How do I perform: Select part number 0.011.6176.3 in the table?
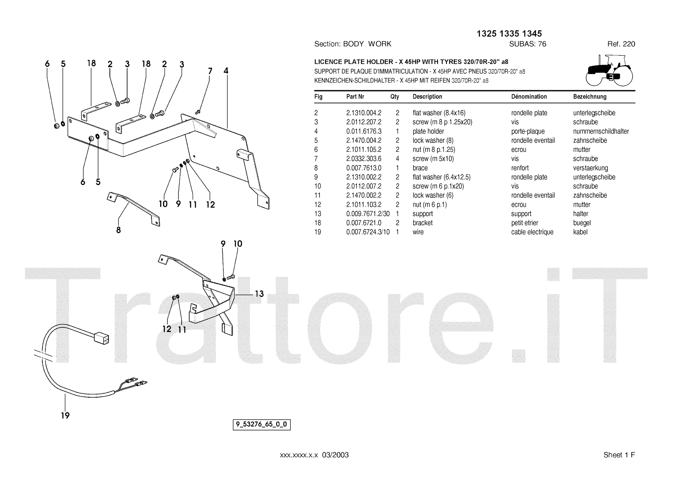point(363,131)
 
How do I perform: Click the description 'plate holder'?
point(428,131)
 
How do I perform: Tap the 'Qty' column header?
point(395,97)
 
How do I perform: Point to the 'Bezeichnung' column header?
point(589,97)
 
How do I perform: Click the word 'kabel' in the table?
point(580,232)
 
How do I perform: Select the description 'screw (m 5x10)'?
point(433,159)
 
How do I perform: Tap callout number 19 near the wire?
point(65,415)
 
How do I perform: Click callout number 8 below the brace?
point(118,230)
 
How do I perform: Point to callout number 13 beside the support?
point(259,293)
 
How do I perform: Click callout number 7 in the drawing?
point(210,71)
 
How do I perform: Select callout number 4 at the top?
point(226,71)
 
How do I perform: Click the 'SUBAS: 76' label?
point(527,44)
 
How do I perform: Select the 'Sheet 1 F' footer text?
point(619,455)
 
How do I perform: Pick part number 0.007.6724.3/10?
point(368,232)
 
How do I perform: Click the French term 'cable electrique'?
point(532,232)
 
